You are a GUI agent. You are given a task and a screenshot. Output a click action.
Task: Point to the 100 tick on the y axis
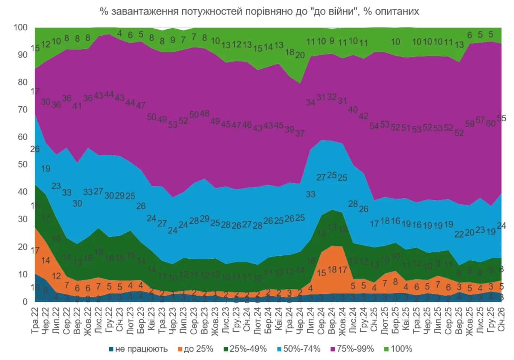point(20,27)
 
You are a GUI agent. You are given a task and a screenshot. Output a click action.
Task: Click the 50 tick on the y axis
point(23,164)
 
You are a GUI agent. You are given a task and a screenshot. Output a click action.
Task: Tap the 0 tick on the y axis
point(25,302)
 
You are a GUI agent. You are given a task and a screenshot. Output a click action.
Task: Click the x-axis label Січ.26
point(501,320)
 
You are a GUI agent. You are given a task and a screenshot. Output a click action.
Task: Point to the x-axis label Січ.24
point(247,320)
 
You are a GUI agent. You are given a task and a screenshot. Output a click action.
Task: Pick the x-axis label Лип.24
point(310,320)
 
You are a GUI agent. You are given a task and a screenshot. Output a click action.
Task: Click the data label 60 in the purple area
point(491,123)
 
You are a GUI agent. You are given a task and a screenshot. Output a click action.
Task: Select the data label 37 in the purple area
point(300,133)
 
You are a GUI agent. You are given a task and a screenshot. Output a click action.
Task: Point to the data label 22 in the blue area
point(459,234)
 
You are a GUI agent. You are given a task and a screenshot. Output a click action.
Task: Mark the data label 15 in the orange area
point(321,273)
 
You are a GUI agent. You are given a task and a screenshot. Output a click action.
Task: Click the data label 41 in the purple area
point(77,106)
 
